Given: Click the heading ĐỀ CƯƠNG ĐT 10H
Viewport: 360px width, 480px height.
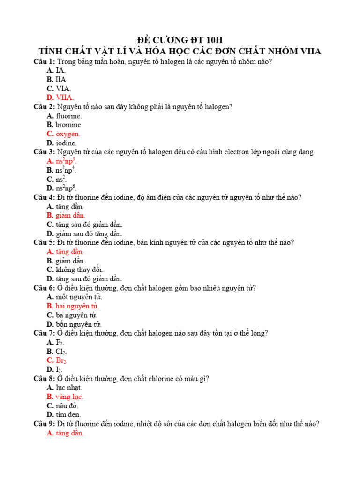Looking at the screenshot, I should click(x=180, y=39).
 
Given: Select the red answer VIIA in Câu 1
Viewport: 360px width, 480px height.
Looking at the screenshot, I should click(x=65, y=97).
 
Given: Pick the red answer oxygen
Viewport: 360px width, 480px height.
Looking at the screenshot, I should click(x=67, y=134).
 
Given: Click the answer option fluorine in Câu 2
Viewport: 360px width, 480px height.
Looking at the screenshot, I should click(x=68, y=116).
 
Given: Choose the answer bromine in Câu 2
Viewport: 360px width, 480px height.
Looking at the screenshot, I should click(x=69, y=125).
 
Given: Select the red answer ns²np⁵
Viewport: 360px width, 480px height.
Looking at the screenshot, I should click(x=66, y=161).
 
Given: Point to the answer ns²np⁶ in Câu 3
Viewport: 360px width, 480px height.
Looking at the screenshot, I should click(x=65, y=188).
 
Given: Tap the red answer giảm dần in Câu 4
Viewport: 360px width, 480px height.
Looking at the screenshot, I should click(x=70, y=215).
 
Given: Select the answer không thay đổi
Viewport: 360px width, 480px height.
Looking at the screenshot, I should click(x=79, y=270).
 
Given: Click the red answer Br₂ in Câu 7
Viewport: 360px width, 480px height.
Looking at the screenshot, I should click(x=61, y=360).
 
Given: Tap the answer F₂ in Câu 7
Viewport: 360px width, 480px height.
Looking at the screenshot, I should click(x=60, y=342).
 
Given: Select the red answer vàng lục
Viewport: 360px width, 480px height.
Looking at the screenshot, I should click(x=69, y=397).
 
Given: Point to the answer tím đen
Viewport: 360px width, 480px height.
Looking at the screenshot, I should click(x=68, y=415).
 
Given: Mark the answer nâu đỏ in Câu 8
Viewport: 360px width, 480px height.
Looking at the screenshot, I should click(x=67, y=406).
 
